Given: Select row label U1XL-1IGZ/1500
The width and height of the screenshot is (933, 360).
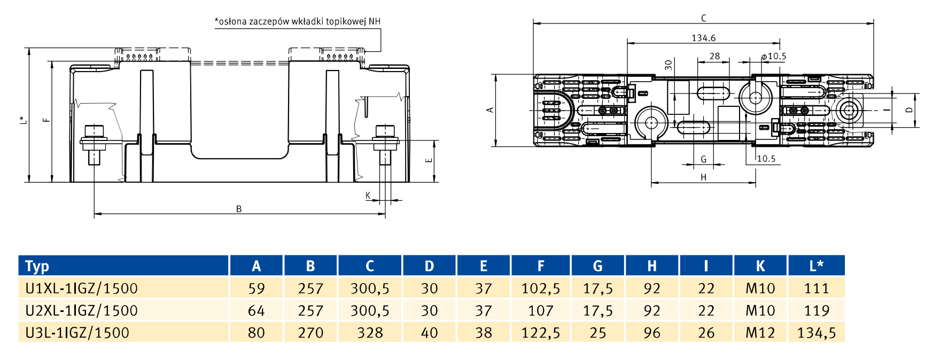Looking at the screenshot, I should click(81, 288).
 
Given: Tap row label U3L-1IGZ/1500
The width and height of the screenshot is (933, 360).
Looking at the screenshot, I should click(77, 333).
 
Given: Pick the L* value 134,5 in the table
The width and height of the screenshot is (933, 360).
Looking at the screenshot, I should click(816, 333).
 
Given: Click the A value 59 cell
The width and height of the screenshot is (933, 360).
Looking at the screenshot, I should click(256, 288).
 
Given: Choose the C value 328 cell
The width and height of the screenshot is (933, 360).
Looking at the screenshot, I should click(370, 333).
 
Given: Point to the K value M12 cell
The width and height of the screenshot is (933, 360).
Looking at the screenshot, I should click(760, 333).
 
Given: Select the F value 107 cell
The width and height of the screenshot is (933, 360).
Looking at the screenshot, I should click(540, 310).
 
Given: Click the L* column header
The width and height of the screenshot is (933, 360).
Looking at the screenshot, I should click(816, 266).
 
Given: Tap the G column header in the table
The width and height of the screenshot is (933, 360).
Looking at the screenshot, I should click(597, 266).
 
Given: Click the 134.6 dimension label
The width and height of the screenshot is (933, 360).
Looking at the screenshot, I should click(703, 38).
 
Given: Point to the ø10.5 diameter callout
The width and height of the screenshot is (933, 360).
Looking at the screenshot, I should click(774, 56).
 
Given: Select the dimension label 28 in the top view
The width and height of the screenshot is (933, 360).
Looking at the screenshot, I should click(714, 56).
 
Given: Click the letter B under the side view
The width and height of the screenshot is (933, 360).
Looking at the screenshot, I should click(239, 209).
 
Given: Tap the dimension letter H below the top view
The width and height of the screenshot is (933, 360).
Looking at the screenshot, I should click(703, 177).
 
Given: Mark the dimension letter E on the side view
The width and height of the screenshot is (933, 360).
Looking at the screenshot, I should click(428, 160).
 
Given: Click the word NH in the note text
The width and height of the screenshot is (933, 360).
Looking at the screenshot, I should click(375, 21).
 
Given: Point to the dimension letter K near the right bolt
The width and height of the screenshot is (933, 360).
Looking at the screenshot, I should click(368, 195).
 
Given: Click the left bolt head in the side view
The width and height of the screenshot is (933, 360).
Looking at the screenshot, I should click(94, 131).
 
